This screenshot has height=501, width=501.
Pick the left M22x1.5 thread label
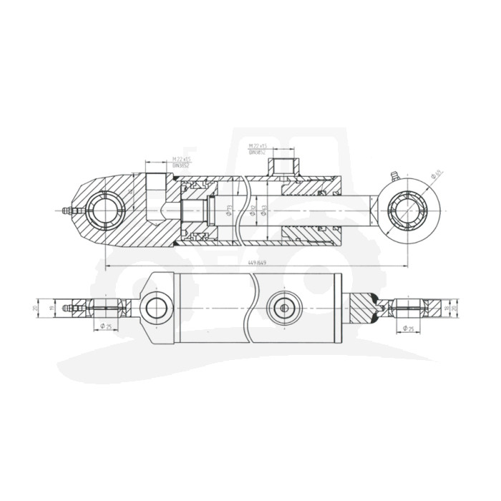pos(180,159)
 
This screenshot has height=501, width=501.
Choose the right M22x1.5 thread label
pos(257,146)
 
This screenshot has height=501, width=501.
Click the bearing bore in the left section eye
pos(104,211)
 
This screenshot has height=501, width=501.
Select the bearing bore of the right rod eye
pos(406,211)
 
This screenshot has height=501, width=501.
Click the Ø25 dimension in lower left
pos(104,328)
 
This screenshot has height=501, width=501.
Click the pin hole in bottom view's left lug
pos(155,308)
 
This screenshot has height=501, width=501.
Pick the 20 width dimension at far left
pos(36,308)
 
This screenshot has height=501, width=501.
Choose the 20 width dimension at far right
pos(455,308)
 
